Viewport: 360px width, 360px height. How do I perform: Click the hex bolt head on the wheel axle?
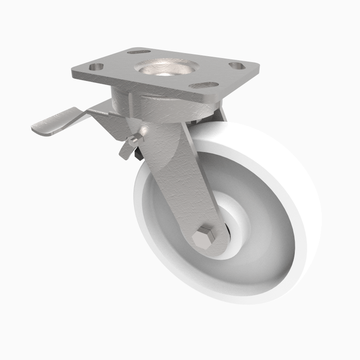205,238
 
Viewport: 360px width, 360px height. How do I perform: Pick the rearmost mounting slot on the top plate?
135,52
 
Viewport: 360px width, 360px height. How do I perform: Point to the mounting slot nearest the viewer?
200,85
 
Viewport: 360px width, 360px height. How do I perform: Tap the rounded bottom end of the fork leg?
211,252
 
